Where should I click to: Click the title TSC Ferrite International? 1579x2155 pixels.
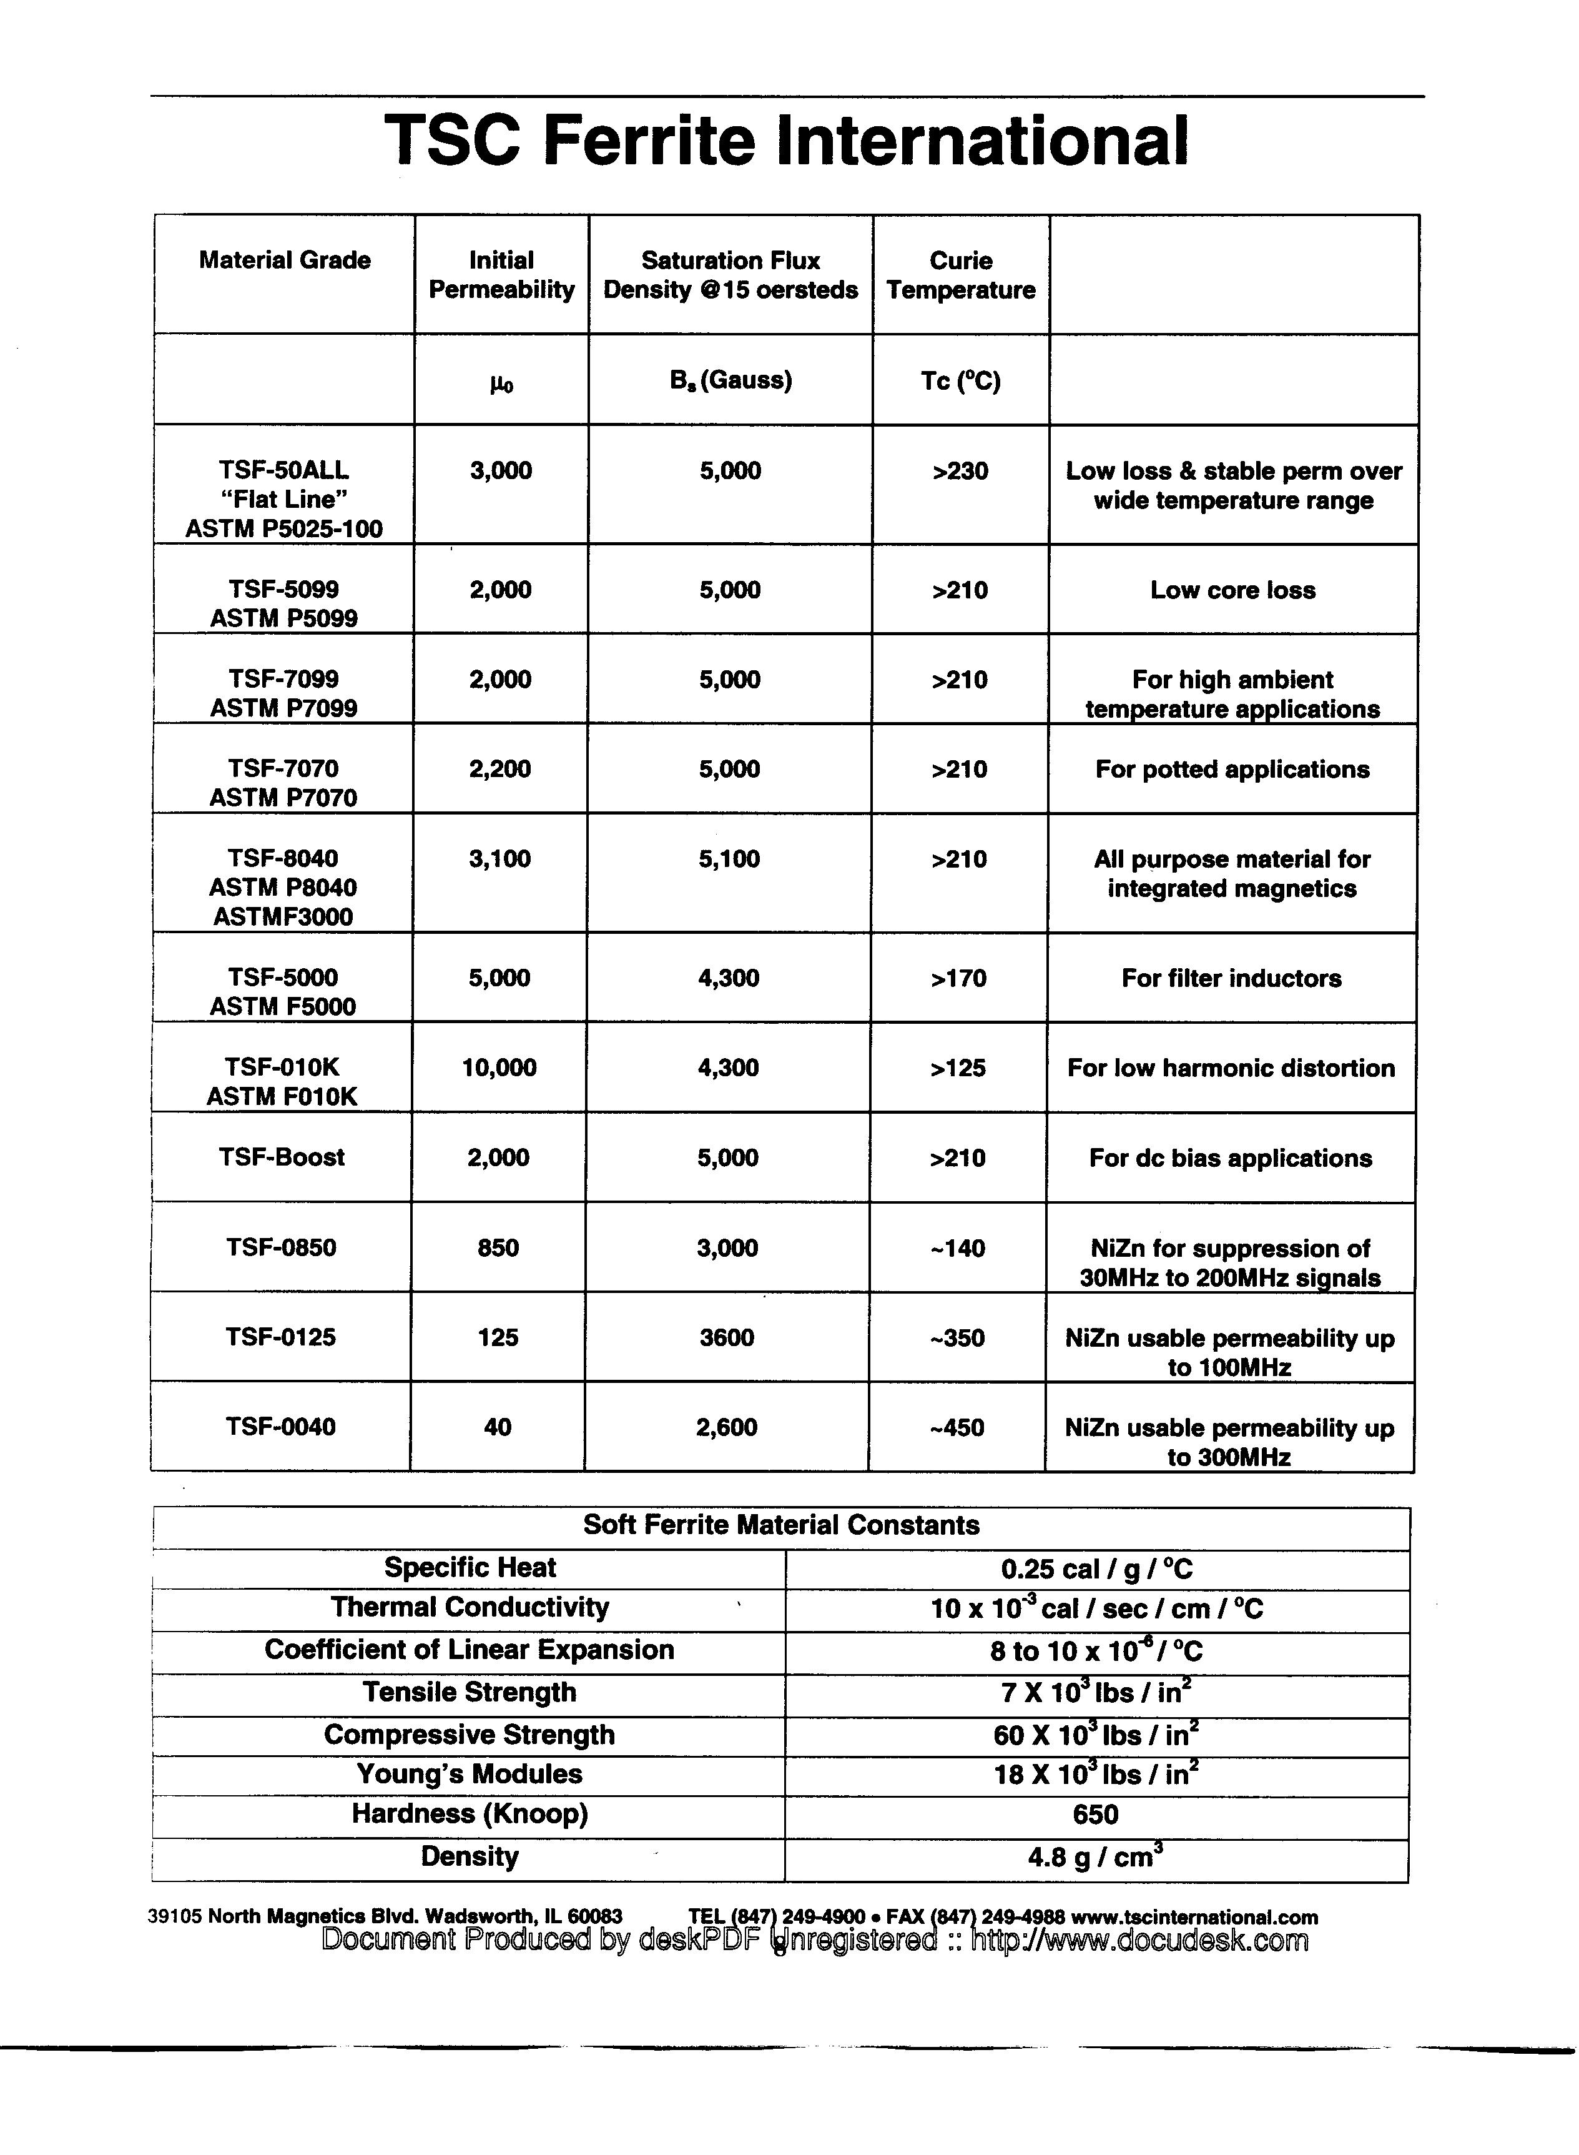[787, 141]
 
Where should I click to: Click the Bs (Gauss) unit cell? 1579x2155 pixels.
[730, 380]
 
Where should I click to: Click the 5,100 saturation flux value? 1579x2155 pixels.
[729, 858]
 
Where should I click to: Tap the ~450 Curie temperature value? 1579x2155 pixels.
[957, 1427]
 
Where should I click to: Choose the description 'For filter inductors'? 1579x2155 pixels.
[1231, 978]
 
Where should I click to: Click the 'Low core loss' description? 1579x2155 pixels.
[1233, 590]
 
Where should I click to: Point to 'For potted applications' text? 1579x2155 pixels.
[1232, 770]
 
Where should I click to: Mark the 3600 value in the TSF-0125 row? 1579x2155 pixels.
[726, 1337]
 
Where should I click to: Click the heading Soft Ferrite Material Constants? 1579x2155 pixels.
[781, 1525]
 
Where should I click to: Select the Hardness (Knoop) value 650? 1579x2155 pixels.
[1095, 1815]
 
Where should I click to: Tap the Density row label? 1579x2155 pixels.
[470, 1856]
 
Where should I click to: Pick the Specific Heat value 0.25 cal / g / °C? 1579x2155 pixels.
[1096, 1569]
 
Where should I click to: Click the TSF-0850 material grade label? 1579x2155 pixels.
[281, 1247]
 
